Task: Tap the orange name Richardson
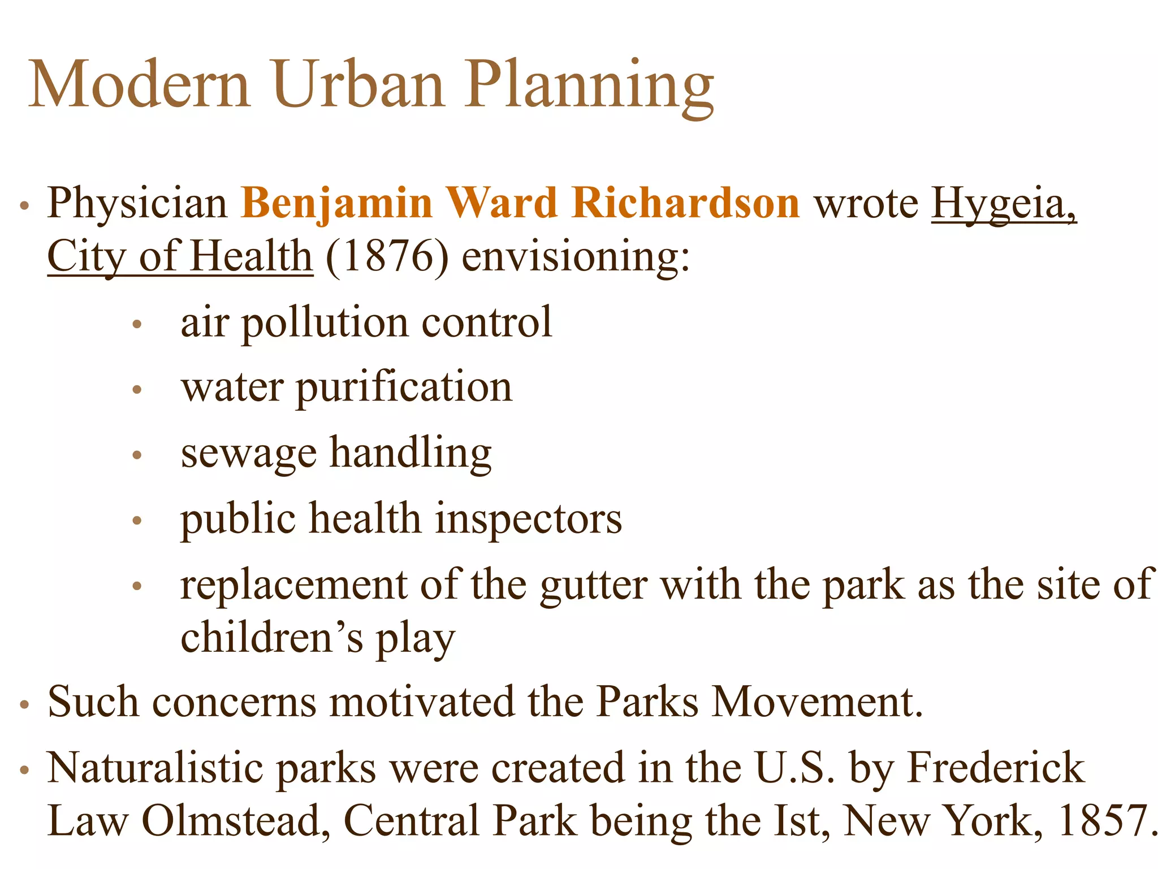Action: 685,203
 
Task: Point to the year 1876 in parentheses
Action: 387,256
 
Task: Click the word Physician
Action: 137,203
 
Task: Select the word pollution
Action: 325,322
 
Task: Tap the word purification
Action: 404,388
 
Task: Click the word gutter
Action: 593,584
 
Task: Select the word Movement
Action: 816,702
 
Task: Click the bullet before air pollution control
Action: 136,325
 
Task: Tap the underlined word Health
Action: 251,256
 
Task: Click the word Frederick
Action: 995,768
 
